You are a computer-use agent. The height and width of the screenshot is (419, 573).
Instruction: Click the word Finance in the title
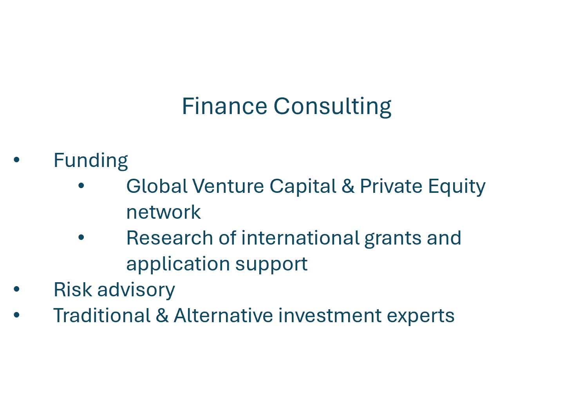[224, 106]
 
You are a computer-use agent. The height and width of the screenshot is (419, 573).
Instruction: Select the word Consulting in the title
[333, 107]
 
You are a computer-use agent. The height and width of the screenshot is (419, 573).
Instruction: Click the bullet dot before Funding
[16, 160]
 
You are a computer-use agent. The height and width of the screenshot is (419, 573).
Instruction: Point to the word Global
[157, 186]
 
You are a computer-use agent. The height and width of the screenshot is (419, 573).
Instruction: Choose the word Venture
[228, 186]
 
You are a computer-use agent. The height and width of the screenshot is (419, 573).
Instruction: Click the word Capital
[303, 187]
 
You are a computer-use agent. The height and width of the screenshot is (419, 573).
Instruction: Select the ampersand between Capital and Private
[348, 186]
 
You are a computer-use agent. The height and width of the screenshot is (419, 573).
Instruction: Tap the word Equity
[457, 187]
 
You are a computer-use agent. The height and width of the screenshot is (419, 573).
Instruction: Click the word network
[164, 212]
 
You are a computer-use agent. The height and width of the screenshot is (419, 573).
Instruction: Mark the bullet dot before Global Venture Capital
[81, 185]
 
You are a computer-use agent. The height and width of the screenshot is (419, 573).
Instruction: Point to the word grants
[393, 239]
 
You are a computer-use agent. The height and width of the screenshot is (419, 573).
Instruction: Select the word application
[178, 265]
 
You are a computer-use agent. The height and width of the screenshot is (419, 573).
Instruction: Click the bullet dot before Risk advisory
[16, 289]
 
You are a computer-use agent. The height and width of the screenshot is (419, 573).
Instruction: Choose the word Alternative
[224, 315]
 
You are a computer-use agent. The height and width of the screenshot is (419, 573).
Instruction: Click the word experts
[421, 316]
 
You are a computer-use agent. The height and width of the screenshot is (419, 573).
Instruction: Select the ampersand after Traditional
[162, 315]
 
